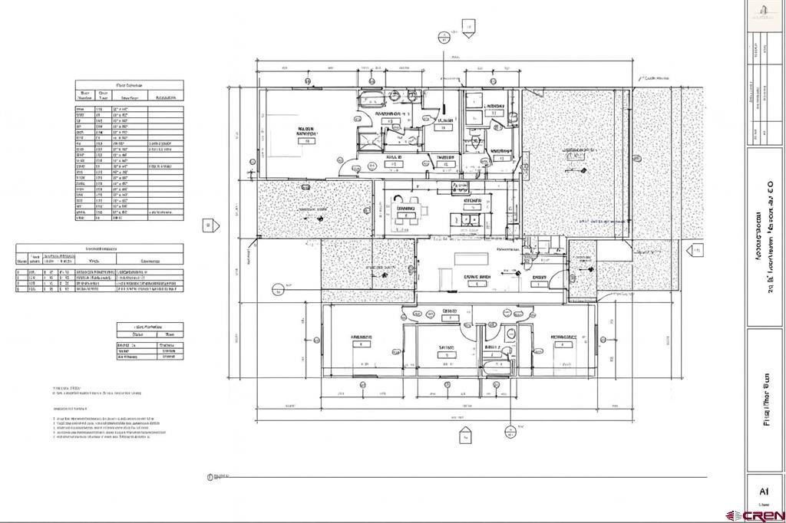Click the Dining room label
405,208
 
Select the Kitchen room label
473,202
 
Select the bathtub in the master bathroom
370,99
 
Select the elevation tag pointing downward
467,31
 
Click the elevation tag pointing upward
465,436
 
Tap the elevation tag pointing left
695,249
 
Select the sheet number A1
764,492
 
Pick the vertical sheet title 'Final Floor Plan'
765,399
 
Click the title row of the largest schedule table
129,85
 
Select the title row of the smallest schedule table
150,326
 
